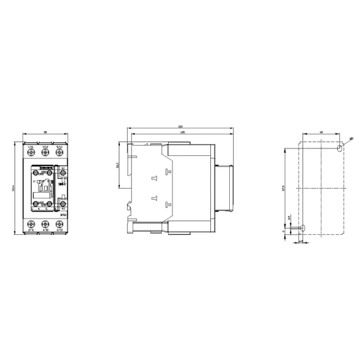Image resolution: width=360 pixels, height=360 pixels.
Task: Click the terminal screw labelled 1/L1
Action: pyautogui.click(x=30, y=152)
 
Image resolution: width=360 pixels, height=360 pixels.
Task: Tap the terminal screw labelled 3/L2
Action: pyautogui.click(x=45, y=152)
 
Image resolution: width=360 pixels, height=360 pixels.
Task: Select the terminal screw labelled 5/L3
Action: pyautogui.click(x=60, y=152)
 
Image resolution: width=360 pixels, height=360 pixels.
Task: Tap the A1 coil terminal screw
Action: pyautogui.click(x=63, y=172)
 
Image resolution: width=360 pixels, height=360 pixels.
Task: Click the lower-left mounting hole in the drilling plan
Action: pyautogui.click(x=302, y=227)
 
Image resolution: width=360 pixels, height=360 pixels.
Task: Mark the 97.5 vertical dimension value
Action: pyautogui.click(x=283, y=188)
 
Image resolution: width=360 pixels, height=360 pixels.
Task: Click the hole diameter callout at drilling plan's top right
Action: pyautogui.click(x=351, y=138)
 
